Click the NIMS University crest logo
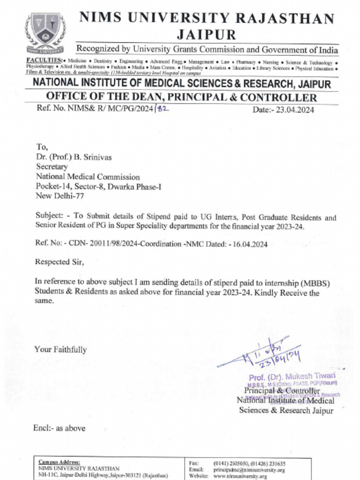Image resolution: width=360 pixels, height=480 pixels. [45, 33]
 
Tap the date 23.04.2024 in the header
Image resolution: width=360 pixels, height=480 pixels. [295, 110]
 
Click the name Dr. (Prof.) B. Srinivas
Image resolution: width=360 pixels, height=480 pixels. [74, 157]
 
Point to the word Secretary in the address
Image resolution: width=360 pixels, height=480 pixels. [52, 167]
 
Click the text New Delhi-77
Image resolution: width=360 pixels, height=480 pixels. [60, 196]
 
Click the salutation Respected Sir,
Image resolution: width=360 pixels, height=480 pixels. [60, 262]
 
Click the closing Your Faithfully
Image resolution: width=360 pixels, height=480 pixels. [60, 350]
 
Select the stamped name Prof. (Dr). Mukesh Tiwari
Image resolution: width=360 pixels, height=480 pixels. [292, 377]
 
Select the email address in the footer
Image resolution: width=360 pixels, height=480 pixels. [249, 470]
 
